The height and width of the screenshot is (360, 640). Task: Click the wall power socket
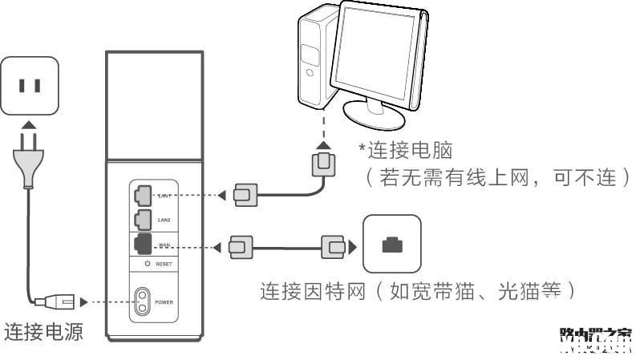pyautogui.click(x=30, y=84)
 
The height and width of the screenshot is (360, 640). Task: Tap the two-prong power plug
pyautogui.click(x=29, y=157)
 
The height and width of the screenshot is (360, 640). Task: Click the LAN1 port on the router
pyautogui.click(x=144, y=194)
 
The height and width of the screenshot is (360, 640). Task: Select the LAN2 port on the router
pyautogui.click(x=144, y=217)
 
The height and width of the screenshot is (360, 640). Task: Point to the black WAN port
pyautogui.click(x=144, y=245)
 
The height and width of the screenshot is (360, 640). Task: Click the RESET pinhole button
pyautogui.click(x=147, y=263)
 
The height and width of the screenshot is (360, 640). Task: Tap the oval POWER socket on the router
pyautogui.click(x=143, y=302)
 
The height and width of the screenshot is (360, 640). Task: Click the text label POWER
pyautogui.click(x=164, y=302)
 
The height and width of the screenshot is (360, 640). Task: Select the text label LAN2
pyautogui.click(x=164, y=218)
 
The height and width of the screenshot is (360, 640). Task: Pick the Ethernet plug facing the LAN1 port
pyautogui.click(x=245, y=194)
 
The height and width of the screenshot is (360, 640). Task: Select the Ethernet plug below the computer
pyautogui.click(x=322, y=165)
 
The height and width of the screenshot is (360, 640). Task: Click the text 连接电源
pyautogui.click(x=44, y=331)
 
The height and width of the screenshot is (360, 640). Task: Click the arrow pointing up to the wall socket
pyautogui.click(x=29, y=125)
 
